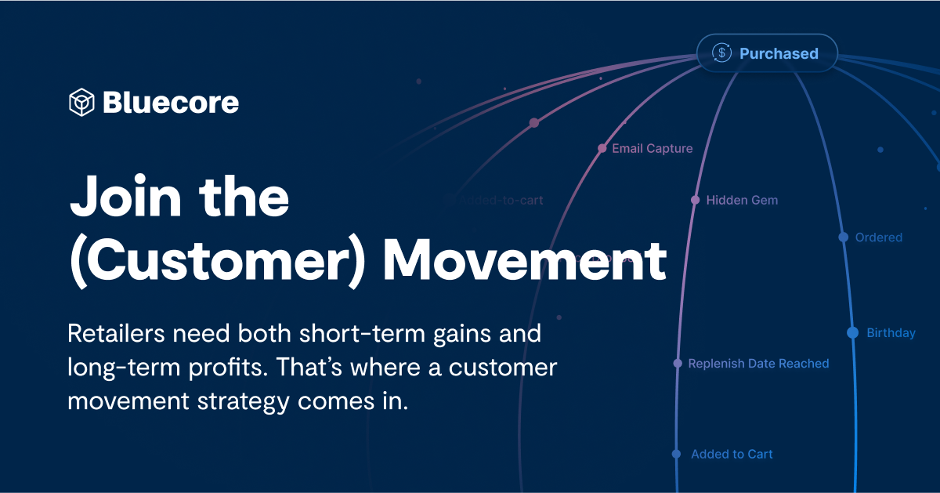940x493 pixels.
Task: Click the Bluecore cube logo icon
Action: (81, 103)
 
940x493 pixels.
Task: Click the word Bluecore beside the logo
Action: (171, 103)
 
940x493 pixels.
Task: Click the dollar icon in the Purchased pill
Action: (721, 53)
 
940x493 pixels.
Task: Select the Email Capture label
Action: (653, 148)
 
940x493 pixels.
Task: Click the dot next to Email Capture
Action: (602, 148)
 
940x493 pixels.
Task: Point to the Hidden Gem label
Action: (742, 200)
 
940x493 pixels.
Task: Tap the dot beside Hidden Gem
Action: (695, 200)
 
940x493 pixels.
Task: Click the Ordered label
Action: (879, 237)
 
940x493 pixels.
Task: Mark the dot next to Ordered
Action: (843, 237)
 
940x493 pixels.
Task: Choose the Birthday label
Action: (891, 333)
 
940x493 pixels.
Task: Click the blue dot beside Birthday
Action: (852, 332)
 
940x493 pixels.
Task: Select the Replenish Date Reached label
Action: (758, 364)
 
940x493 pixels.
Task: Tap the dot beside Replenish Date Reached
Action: (678, 363)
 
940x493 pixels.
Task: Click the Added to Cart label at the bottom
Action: (732, 454)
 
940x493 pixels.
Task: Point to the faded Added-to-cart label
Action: (501, 200)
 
